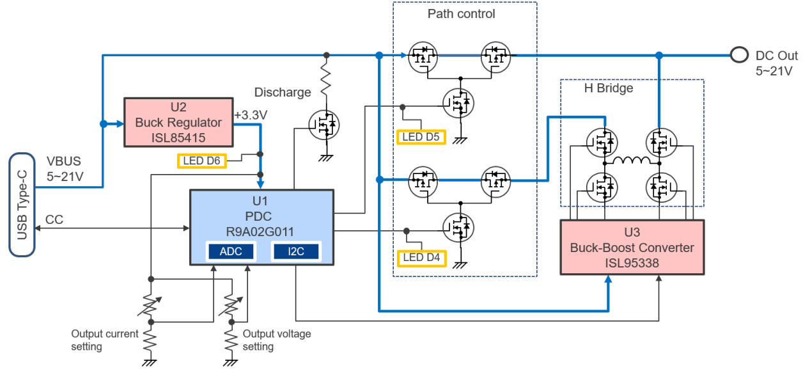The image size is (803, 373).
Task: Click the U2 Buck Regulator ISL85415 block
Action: (178, 122)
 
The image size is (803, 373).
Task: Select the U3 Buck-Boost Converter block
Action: (632, 248)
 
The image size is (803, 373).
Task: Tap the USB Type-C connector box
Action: (22, 203)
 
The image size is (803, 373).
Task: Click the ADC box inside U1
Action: (231, 251)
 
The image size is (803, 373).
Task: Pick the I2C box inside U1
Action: (296, 251)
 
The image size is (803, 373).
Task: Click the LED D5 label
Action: (421, 136)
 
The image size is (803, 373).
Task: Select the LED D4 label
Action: (421, 258)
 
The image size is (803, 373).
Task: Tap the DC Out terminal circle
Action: (738, 55)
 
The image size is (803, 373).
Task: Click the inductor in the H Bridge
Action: (632, 161)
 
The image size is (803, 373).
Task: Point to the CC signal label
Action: (54, 219)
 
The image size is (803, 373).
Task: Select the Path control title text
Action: (461, 13)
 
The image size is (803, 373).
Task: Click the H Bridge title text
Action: (609, 88)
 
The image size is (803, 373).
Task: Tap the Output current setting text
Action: (104, 340)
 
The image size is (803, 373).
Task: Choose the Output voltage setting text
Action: (276, 340)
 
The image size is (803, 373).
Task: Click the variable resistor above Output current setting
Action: (151, 306)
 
